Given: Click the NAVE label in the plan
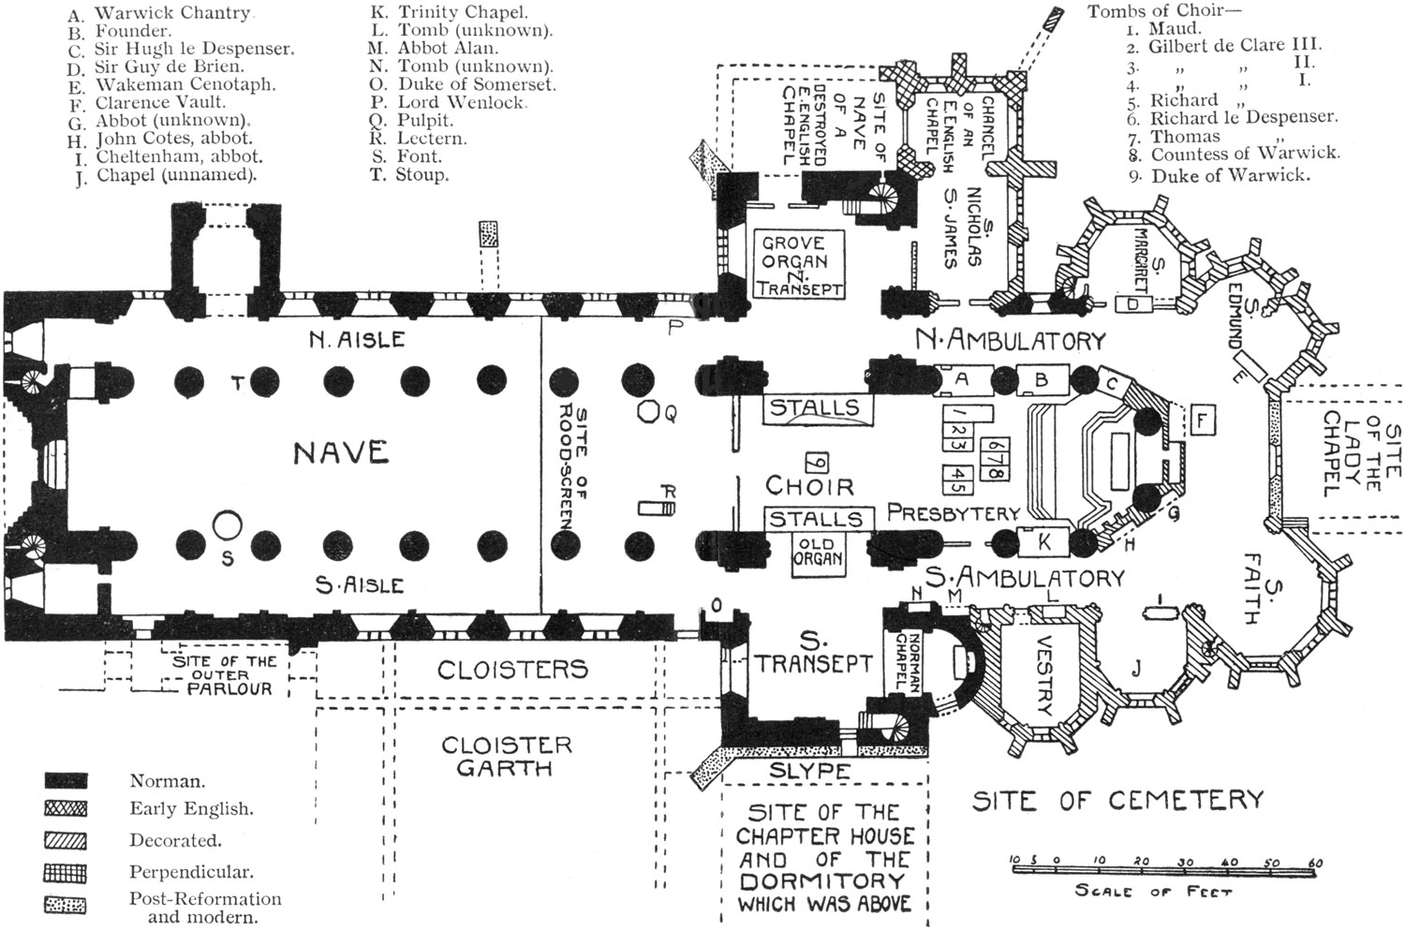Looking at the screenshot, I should [341, 452].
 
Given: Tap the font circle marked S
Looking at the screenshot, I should [225, 525].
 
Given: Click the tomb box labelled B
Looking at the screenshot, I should [1040, 379].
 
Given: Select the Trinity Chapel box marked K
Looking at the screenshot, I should [1045, 541].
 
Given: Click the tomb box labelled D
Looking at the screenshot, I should [1132, 304].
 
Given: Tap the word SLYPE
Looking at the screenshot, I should [810, 771].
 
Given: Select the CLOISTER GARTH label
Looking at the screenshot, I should [505, 755].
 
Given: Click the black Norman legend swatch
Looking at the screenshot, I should [65, 780].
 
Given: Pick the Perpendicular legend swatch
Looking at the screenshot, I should [65, 873].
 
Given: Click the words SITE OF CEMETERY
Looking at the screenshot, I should [1117, 801].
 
